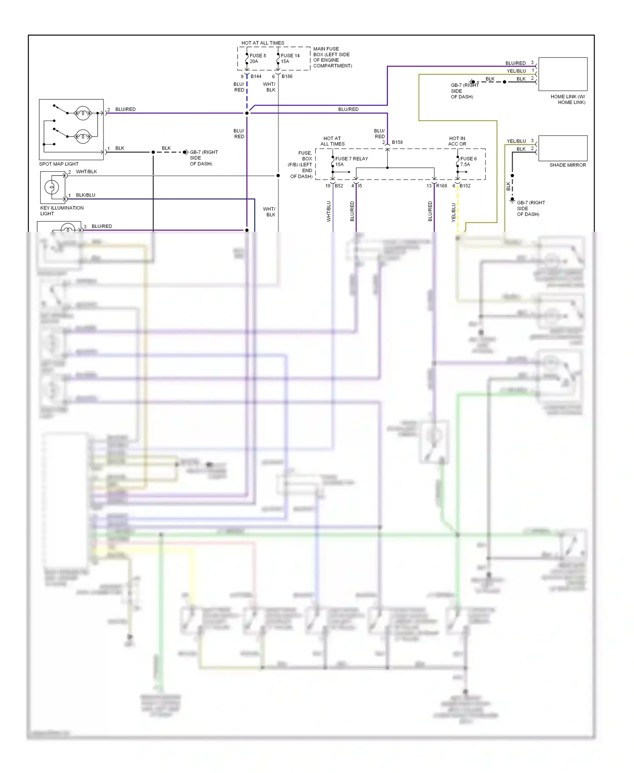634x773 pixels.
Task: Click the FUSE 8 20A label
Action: [x=257, y=58]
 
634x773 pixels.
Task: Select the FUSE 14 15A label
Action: [x=290, y=58]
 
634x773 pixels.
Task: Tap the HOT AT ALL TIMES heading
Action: [x=262, y=43]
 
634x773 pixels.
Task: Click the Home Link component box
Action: [x=563, y=74]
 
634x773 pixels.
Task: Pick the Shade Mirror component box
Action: [x=563, y=148]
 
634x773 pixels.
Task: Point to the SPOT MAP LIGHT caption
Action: [x=59, y=164]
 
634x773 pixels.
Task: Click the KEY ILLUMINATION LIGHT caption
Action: [x=61, y=211]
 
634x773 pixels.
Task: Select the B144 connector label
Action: [x=256, y=77]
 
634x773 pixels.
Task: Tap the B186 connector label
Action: [x=287, y=77]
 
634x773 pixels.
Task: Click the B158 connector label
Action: [x=397, y=142]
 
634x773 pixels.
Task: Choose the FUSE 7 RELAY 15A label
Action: [x=351, y=162]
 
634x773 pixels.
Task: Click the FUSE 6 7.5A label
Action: [x=468, y=162]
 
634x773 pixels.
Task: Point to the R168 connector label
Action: [x=441, y=186]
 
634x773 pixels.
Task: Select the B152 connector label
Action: [x=465, y=186]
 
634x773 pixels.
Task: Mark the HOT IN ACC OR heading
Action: [x=457, y=141]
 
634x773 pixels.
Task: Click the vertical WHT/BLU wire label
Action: [x=328, y=211]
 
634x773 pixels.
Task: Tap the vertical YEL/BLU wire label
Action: [x=454, y=212]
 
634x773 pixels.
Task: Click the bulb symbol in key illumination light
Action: [x=52, y=186]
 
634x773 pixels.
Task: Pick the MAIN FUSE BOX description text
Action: [x=332, y=57]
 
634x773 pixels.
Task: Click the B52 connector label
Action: [x=339, y=186]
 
